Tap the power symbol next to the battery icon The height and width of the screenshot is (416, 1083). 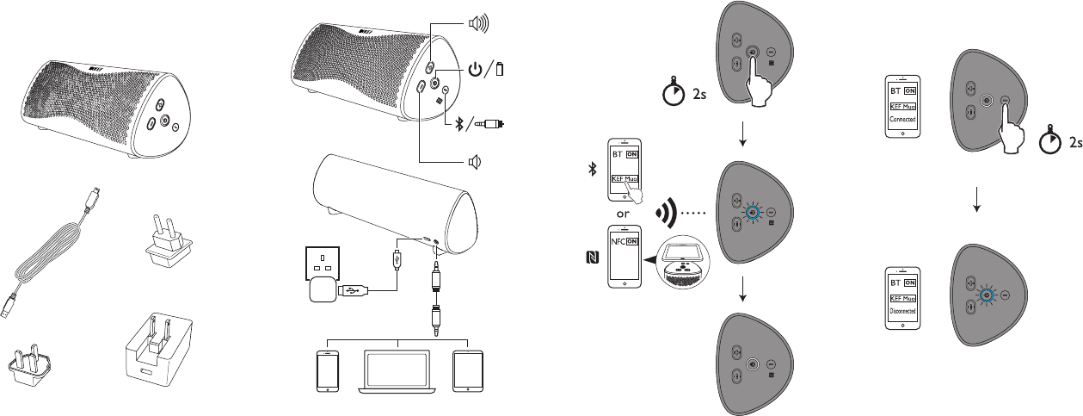pyautogui.click(x=476, y=69)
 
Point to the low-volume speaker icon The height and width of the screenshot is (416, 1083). pyautogui.click(x=473, y=161)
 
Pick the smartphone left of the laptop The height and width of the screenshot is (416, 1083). pyautogui.click(x=327, y=370)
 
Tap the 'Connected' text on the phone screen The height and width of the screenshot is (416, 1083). pyautogui.click(x=902, y=119)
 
